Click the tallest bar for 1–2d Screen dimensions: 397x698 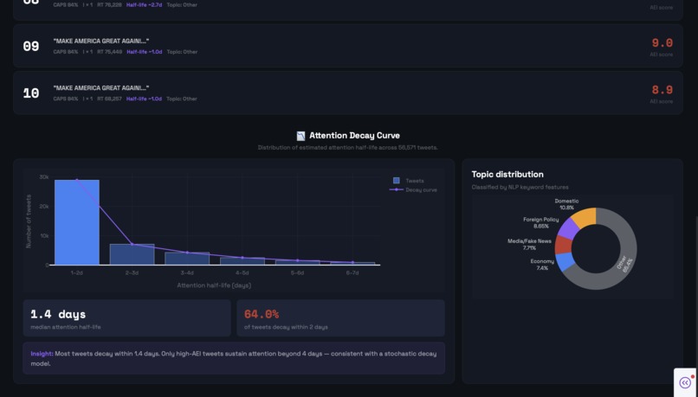click(x=77, y=222)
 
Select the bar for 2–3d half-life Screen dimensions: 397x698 click(x=132, y=254)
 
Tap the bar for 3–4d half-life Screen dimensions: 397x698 click(x=187, y=259)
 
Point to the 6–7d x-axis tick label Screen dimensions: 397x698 click(x=352, y=273)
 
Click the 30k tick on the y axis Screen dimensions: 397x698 click(x=44, y=177)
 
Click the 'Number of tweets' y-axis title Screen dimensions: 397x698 click(x=29, y=221)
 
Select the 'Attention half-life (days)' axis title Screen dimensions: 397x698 click(x=214, y=285)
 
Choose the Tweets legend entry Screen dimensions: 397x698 click(x=409, y=181)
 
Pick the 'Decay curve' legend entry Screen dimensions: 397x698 click(x=416, y=189)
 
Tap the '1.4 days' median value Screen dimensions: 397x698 click(x=58, y=314)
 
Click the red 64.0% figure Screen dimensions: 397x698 click(x=262, y=314)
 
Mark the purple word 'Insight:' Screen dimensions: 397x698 click(x=42, y=354)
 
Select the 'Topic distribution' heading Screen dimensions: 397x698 click(x=507, y=174)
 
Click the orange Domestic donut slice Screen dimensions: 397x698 click(x=585, y=216)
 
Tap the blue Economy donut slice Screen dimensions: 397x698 click(x=565, y=261)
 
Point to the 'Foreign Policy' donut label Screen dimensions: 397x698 click(x=541, y=220)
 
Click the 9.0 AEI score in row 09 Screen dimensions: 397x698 click(x=662, y=43)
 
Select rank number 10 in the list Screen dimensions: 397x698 click(x=31, y=93)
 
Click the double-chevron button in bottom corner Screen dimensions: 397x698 click(x=685, y=382)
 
